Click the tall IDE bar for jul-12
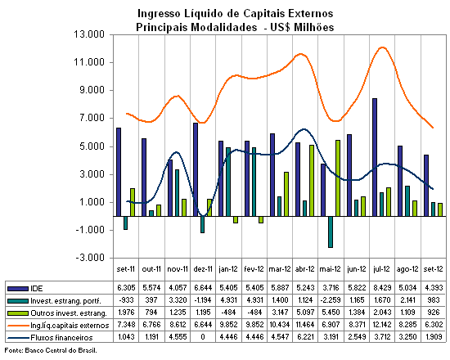click(375, 157)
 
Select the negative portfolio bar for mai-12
click(331, 232)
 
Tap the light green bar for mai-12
click(338, 178)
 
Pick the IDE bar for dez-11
click(196, 169)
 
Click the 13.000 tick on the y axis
click(89, 34)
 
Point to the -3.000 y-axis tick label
click(90, 258)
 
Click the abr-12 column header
click(305, 269)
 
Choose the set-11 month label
click(126, 269)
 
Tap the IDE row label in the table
click(37, 289)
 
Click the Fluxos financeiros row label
click(61, 338)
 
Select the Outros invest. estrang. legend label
click(69, 313)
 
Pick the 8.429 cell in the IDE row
click(382, 288)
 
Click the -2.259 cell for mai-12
click(331, 300)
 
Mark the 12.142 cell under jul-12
click(382, 325)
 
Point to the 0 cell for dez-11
click(203, 337)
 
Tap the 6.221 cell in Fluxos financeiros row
click(305, 337)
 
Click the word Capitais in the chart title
click(264, 13)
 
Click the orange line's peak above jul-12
click(382, 47)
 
